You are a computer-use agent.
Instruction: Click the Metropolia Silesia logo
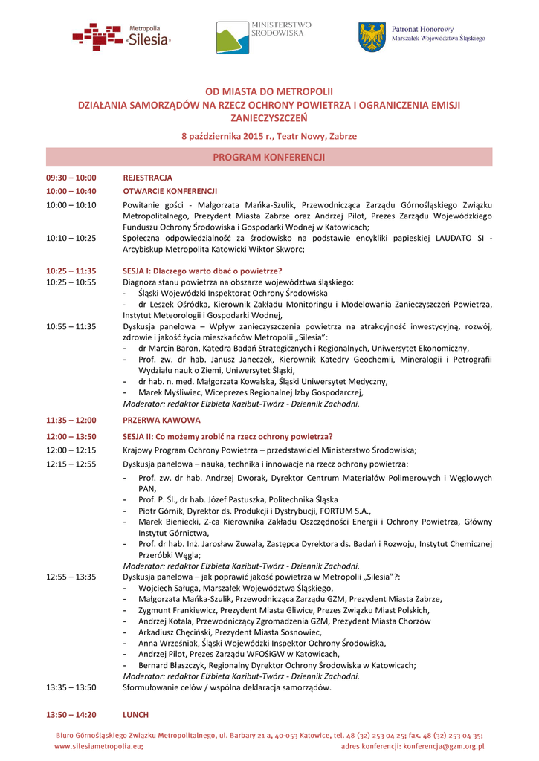pyautogui.click(x=121, y=36)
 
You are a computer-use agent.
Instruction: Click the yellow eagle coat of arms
pyautogui.click(x=372, y=36)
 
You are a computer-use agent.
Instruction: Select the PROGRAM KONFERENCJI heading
pyautogui.click(x=268, y=158)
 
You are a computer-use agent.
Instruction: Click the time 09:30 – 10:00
pyautogui.click(x=71, y=178)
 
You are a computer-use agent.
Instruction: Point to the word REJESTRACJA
pyautogui.click(x=147, y=178)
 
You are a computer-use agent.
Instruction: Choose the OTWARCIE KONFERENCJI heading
pyautogui.click(x=170, y=191)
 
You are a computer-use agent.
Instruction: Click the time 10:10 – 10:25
pyautogui.click(x=71, y=238)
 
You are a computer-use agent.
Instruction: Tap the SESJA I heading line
pyautogui.click(x=202, y=271)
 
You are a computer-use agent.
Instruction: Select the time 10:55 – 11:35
pyautogui.click(x=71, y=326)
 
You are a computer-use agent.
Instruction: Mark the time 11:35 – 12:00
pyautogui.click(x=71, y=420)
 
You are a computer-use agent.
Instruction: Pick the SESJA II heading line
pyautogui.click(x=227, y=436)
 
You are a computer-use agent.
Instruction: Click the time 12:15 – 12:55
pyautogui.click(x=71, y=464)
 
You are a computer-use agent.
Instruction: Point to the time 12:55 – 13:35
pyautogui.click(x=71, y=577)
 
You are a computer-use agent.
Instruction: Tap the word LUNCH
pyautogui.click(x=135, y=715)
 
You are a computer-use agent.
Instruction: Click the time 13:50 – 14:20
pyautogui.click(x=71, y=715)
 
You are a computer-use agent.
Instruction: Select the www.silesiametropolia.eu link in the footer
pyautogui.click(x=98, y=746)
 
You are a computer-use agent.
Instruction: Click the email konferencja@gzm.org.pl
pyautogui.click(x=445, y=746)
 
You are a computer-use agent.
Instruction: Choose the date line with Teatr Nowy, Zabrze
pyautogui.click(x=269, y=137)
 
